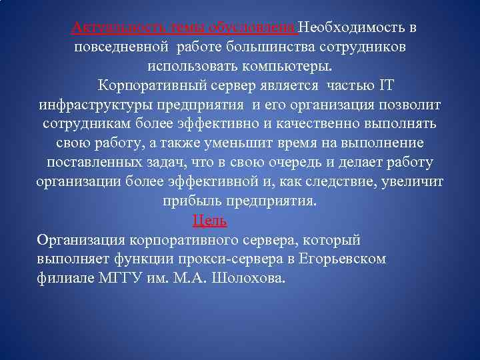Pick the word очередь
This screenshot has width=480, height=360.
pos(314,163)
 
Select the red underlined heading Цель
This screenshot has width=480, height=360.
pos(209,221)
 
